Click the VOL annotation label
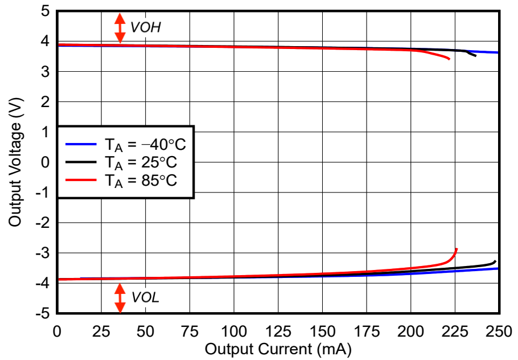[145, 298]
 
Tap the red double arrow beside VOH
[120, 28]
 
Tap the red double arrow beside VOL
[120, 298]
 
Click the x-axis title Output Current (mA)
[278, 349]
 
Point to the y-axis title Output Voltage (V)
[15, 162]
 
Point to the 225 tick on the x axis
[455, 330]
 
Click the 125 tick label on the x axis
[278, 330]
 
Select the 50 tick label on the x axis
[145, 330]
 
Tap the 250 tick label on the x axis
[499, 330]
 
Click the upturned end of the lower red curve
[456, 249]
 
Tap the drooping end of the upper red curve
[449, 59]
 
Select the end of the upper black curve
[475, 55]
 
